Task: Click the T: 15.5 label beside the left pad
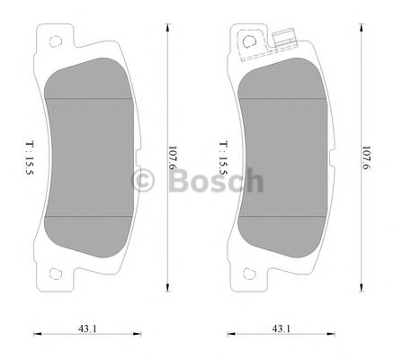(31, 156)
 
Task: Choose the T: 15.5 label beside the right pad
(222, 156)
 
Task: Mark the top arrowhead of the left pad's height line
(168, 27)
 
